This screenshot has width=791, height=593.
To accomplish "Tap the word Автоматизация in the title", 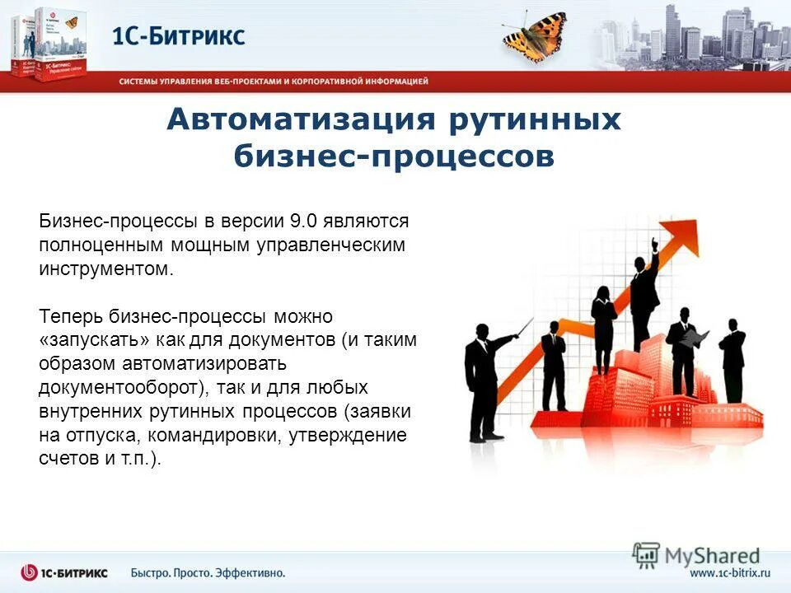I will [299, 120].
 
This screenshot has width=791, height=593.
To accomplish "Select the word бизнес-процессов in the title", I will [394, 156].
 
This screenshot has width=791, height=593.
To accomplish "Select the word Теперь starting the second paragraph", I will [69, 316].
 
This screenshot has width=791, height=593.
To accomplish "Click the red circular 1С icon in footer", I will [30, 572].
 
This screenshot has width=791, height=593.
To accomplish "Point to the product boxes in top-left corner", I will [45, 45].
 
